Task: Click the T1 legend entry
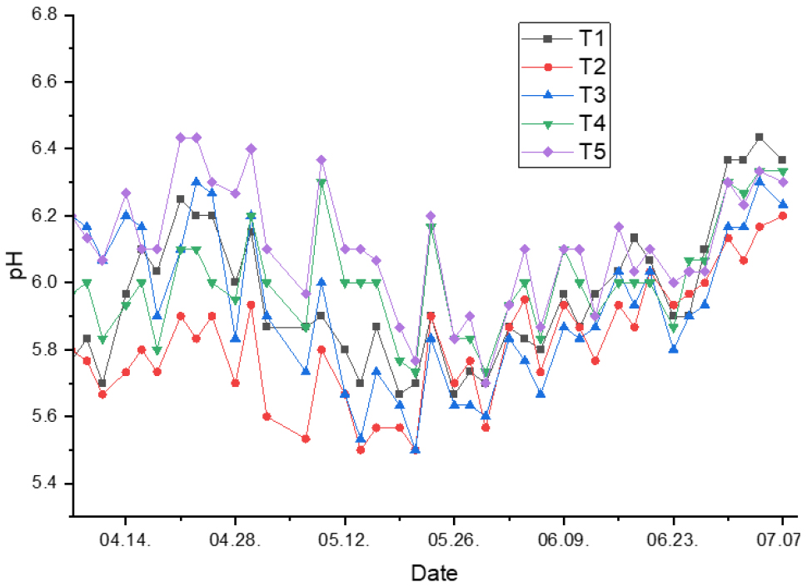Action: tap(566, 38)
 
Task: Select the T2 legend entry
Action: tap(566, 67)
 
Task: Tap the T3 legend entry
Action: tap(566, 95)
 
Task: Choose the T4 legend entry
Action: tap(566, 124)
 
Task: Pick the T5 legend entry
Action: tap(566, 153)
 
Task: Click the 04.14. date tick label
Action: tap(125, 539)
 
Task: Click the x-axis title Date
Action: tap(433, 573)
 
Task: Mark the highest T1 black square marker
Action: tap(759, 137)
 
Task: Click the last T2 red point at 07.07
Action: tap(783, 216)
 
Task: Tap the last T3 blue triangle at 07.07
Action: tap(783, 204)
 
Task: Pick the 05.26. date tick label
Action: tap(454, 539)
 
